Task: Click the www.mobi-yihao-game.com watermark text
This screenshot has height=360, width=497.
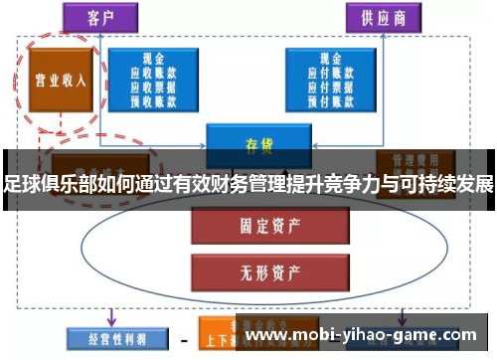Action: [x=367, y=336]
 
